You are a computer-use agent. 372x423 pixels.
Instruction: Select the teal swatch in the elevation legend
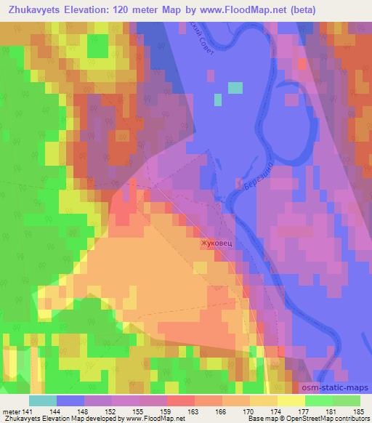pyautogui.click(x=43, y=400)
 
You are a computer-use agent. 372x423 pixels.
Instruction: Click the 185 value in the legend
pyautogui.click(x=359, y=411)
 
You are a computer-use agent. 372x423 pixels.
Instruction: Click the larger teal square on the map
pyautogui.click(x=235, y=88)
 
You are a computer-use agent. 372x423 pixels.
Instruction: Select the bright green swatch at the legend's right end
pyautogui.click(x=346, y=400)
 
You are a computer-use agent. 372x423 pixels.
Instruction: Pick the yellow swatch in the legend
pyautogui.click(x=291, y=400)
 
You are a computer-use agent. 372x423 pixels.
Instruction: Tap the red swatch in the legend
pyautogui.click(x=180, y=400)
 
